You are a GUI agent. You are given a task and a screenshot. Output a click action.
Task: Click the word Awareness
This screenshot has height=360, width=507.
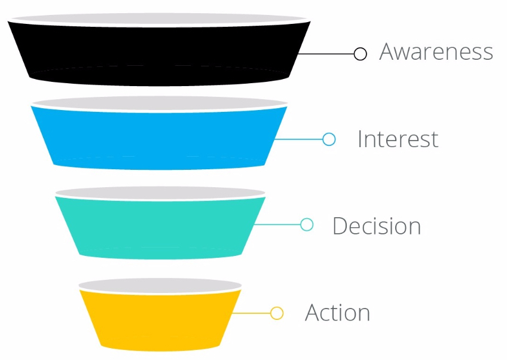point(436,52)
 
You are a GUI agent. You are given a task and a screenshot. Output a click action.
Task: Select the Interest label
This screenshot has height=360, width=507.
point(398,139)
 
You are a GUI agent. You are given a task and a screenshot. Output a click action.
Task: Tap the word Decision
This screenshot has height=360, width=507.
point(377,226)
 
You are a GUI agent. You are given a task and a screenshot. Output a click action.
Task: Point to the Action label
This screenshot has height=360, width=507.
point(337,313)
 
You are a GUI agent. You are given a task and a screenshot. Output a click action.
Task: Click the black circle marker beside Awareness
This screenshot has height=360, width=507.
point(360,54)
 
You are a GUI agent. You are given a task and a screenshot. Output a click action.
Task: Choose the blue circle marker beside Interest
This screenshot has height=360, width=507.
point(329,139)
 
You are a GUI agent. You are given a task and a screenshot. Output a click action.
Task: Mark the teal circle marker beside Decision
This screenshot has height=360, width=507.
point(307,224)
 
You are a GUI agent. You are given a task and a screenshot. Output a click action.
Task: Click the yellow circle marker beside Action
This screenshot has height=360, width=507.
point(277,313)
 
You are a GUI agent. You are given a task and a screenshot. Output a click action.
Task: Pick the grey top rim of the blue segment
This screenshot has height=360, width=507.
point(159,102)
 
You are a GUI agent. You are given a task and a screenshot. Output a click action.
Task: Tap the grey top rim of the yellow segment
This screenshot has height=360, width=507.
point(160,285)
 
